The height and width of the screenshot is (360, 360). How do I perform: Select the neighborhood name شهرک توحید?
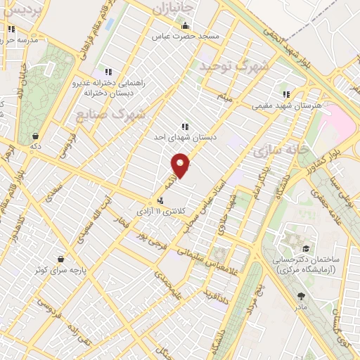click(x=234, y=67)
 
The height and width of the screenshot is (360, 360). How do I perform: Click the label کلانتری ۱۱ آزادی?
click(x=168, y=210)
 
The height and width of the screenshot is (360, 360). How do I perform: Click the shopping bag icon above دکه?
click(x=35, y=136)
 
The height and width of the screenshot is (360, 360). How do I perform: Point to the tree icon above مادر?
click(x=302, y=296)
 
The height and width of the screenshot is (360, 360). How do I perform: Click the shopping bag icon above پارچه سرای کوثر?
click(x=61, y=258)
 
